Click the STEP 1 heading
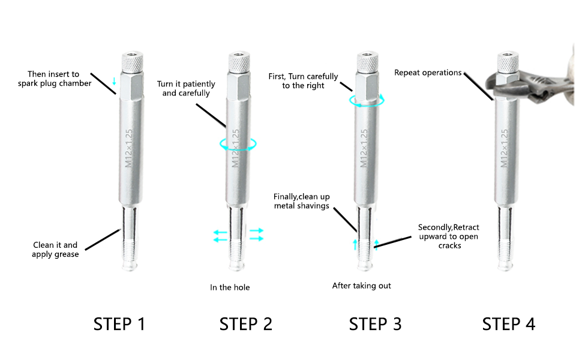[x=119, y=324]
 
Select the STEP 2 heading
[x=246, y=324]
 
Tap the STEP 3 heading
[x=375, y=324]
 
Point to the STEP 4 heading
[x=509, y=324]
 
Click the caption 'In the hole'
[x=230, y=287]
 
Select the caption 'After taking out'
[x=362, y=286]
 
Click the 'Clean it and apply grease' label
[x=55, y=250]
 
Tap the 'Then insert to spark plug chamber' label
[x=55, y=79]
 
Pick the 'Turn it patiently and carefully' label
[x=186, y=88]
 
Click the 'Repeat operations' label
[x=428, y=73]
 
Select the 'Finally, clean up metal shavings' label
[x=301, y=201]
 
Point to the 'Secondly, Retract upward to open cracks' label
[x=448, y=236]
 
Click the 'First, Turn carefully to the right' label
[x=303, y=81]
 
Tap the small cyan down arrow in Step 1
[x=115, y=81]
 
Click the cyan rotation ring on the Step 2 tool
[x=238, y=149]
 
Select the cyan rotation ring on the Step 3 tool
[x=367, y=106]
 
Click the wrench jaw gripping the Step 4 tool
[x=520, y=87]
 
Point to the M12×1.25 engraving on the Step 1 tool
[x=129, y=148]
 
